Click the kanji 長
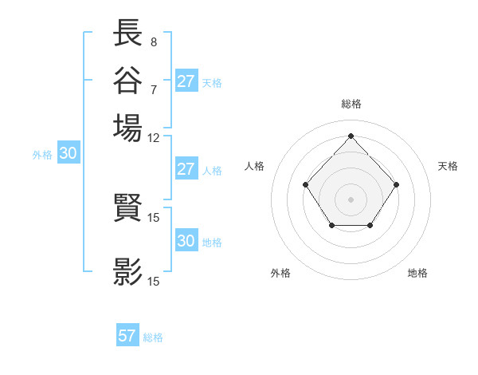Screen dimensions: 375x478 click(x=128, y=34)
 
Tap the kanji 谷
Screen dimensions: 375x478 click(x=128, y=81)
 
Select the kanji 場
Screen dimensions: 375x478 click(x=128, y=127)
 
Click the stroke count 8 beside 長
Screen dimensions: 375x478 click(x=153, y=42)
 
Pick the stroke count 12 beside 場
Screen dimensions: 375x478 click(x=154, y=137)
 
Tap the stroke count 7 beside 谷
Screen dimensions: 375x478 click(x=153, y=89)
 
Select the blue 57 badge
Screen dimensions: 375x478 click(x=127, y=336)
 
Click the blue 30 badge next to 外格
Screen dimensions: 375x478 click(x=68, y=155)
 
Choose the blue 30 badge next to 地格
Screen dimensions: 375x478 click(x=186, y=242)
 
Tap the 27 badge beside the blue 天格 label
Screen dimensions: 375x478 click(x=186, y=81)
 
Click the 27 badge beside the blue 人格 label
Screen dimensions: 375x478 click(x=186, y=170)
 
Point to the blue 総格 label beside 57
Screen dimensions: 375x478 click(x=153, y=337)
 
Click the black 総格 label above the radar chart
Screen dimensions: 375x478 click(x=351, y=104)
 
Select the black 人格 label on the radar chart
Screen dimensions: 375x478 click(x=255, y=166)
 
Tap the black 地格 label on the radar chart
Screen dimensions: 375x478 click(x=417, y=274)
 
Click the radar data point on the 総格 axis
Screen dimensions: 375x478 click(x=351, y=136)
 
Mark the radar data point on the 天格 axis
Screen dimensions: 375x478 click(x=396, y=184)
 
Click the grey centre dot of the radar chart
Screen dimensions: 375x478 click(x=351, y=199)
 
